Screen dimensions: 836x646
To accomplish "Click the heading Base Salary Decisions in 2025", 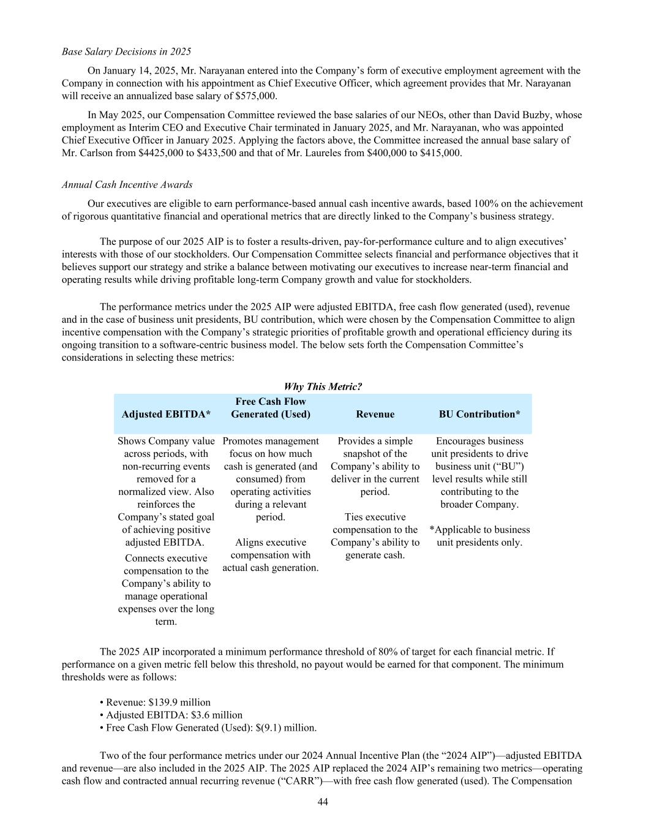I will click(127, 51).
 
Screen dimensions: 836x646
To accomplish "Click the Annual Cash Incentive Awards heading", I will click(127, 184).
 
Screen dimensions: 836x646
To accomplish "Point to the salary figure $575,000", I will click(256, 96).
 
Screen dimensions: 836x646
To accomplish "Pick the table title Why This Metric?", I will click(323, 386).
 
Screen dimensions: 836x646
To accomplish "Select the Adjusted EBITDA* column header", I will click(166, 414).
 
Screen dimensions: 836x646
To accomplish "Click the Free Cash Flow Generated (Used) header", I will click(271, 408).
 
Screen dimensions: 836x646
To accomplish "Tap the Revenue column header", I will click(375, 414).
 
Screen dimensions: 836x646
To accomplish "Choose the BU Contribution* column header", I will click(479, 414).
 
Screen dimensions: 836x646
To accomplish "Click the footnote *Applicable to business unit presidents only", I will click(479, 536).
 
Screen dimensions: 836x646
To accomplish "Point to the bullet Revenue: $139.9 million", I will click(158, 702).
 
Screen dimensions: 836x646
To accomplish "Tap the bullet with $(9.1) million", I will click(208, 728).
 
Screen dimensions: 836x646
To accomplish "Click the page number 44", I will click(323, 802).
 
